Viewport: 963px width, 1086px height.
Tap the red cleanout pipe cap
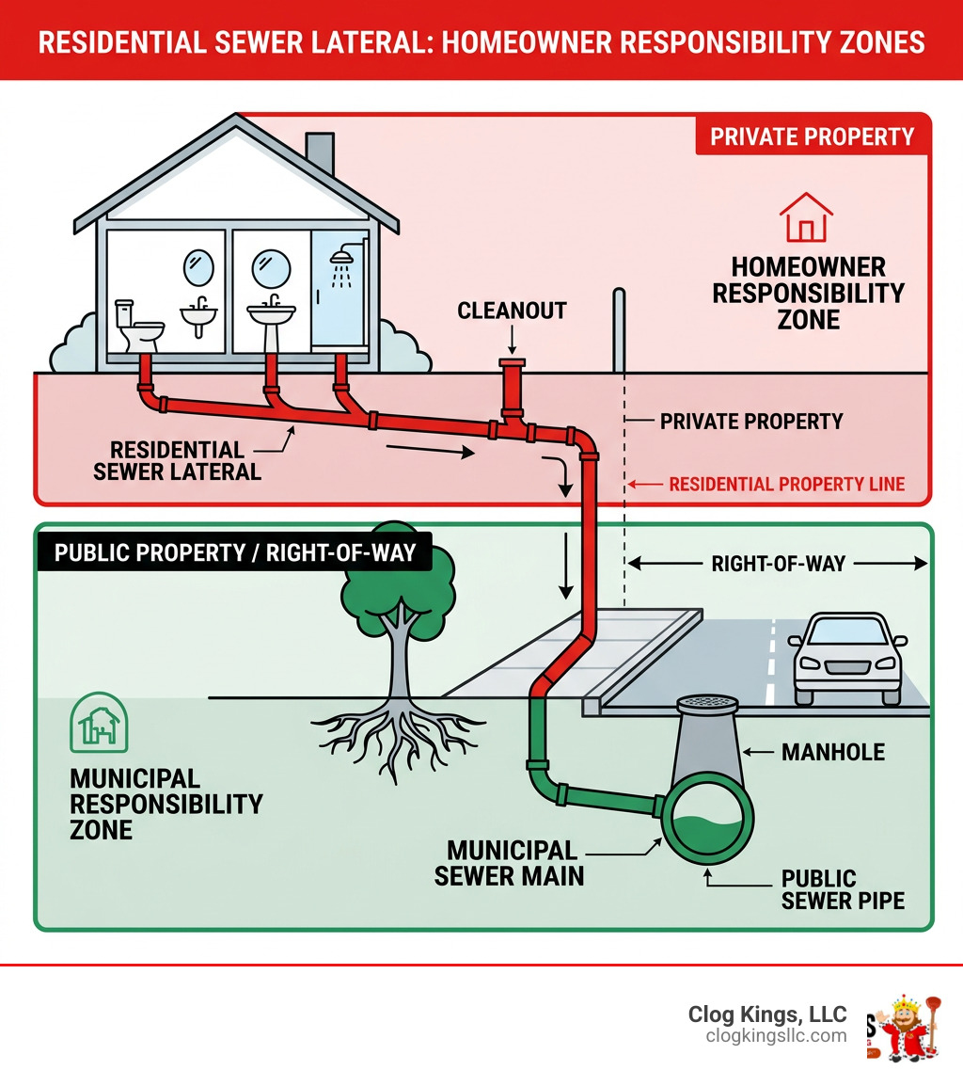[x=513, y=363]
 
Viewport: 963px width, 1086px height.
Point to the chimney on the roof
[x=320, y=152]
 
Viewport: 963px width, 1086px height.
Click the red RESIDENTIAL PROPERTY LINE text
[x=786, y=485]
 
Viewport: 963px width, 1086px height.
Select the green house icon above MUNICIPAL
[x=100, y=724]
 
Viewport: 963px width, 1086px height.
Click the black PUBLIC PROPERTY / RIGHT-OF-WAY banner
[x=234, y=551]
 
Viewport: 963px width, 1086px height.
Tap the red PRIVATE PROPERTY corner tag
[x=812, y=136]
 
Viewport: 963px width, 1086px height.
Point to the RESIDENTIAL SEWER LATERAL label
[x=177, y=461]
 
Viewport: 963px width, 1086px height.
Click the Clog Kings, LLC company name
[x=767, y=1014]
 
